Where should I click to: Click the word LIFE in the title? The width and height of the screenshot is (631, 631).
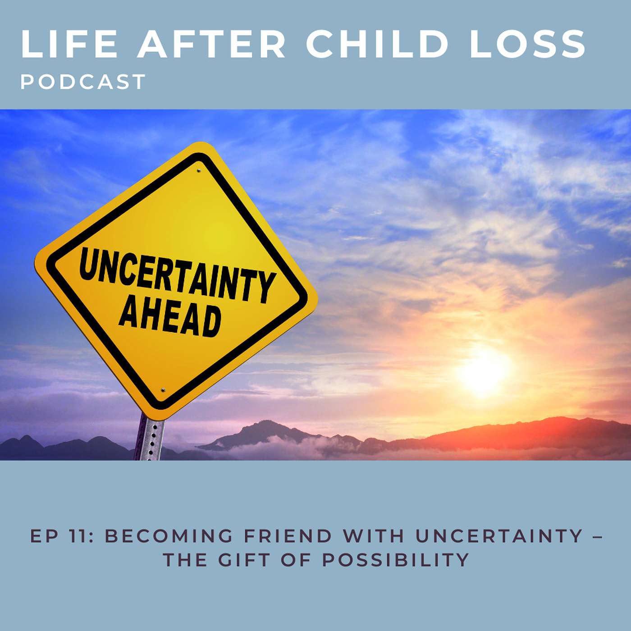click(x=69, y=44)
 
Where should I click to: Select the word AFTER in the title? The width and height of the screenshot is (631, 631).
click(x=211, y=44)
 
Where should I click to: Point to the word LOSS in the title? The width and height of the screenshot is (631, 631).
click(x=527, y=44)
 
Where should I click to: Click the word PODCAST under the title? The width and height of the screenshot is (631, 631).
click(x=83, y=82)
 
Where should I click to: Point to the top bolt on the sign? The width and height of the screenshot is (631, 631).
click(x=198, y=170)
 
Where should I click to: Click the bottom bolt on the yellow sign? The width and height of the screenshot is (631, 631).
click(x=163, y=390)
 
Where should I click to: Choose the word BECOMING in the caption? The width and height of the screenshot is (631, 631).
click(x=169, y=536)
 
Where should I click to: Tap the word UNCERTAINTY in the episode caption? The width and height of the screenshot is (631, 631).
click(x=499, y=536)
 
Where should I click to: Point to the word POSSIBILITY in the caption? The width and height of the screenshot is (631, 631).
click(x=396, y=560)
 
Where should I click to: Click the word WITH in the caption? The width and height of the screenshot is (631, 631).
click(x=373, y=536)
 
